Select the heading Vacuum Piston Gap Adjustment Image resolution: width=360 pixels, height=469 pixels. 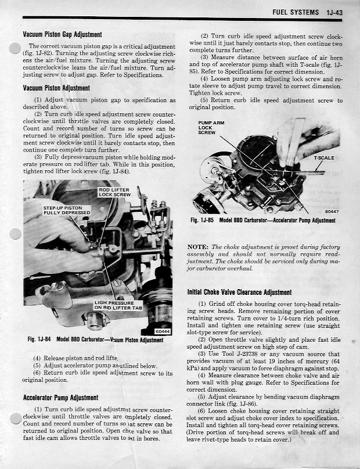click(62, 35)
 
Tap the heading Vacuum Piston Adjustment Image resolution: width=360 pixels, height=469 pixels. click(56, 88)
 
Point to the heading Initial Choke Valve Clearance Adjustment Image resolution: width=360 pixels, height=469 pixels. click(239, 292)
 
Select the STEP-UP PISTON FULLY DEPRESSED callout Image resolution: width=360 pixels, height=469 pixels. click(67, 210)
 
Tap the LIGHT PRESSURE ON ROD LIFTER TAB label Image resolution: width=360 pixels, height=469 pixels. click(114, 306)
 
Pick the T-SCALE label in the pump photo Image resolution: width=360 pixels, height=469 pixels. click(323, 158)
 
